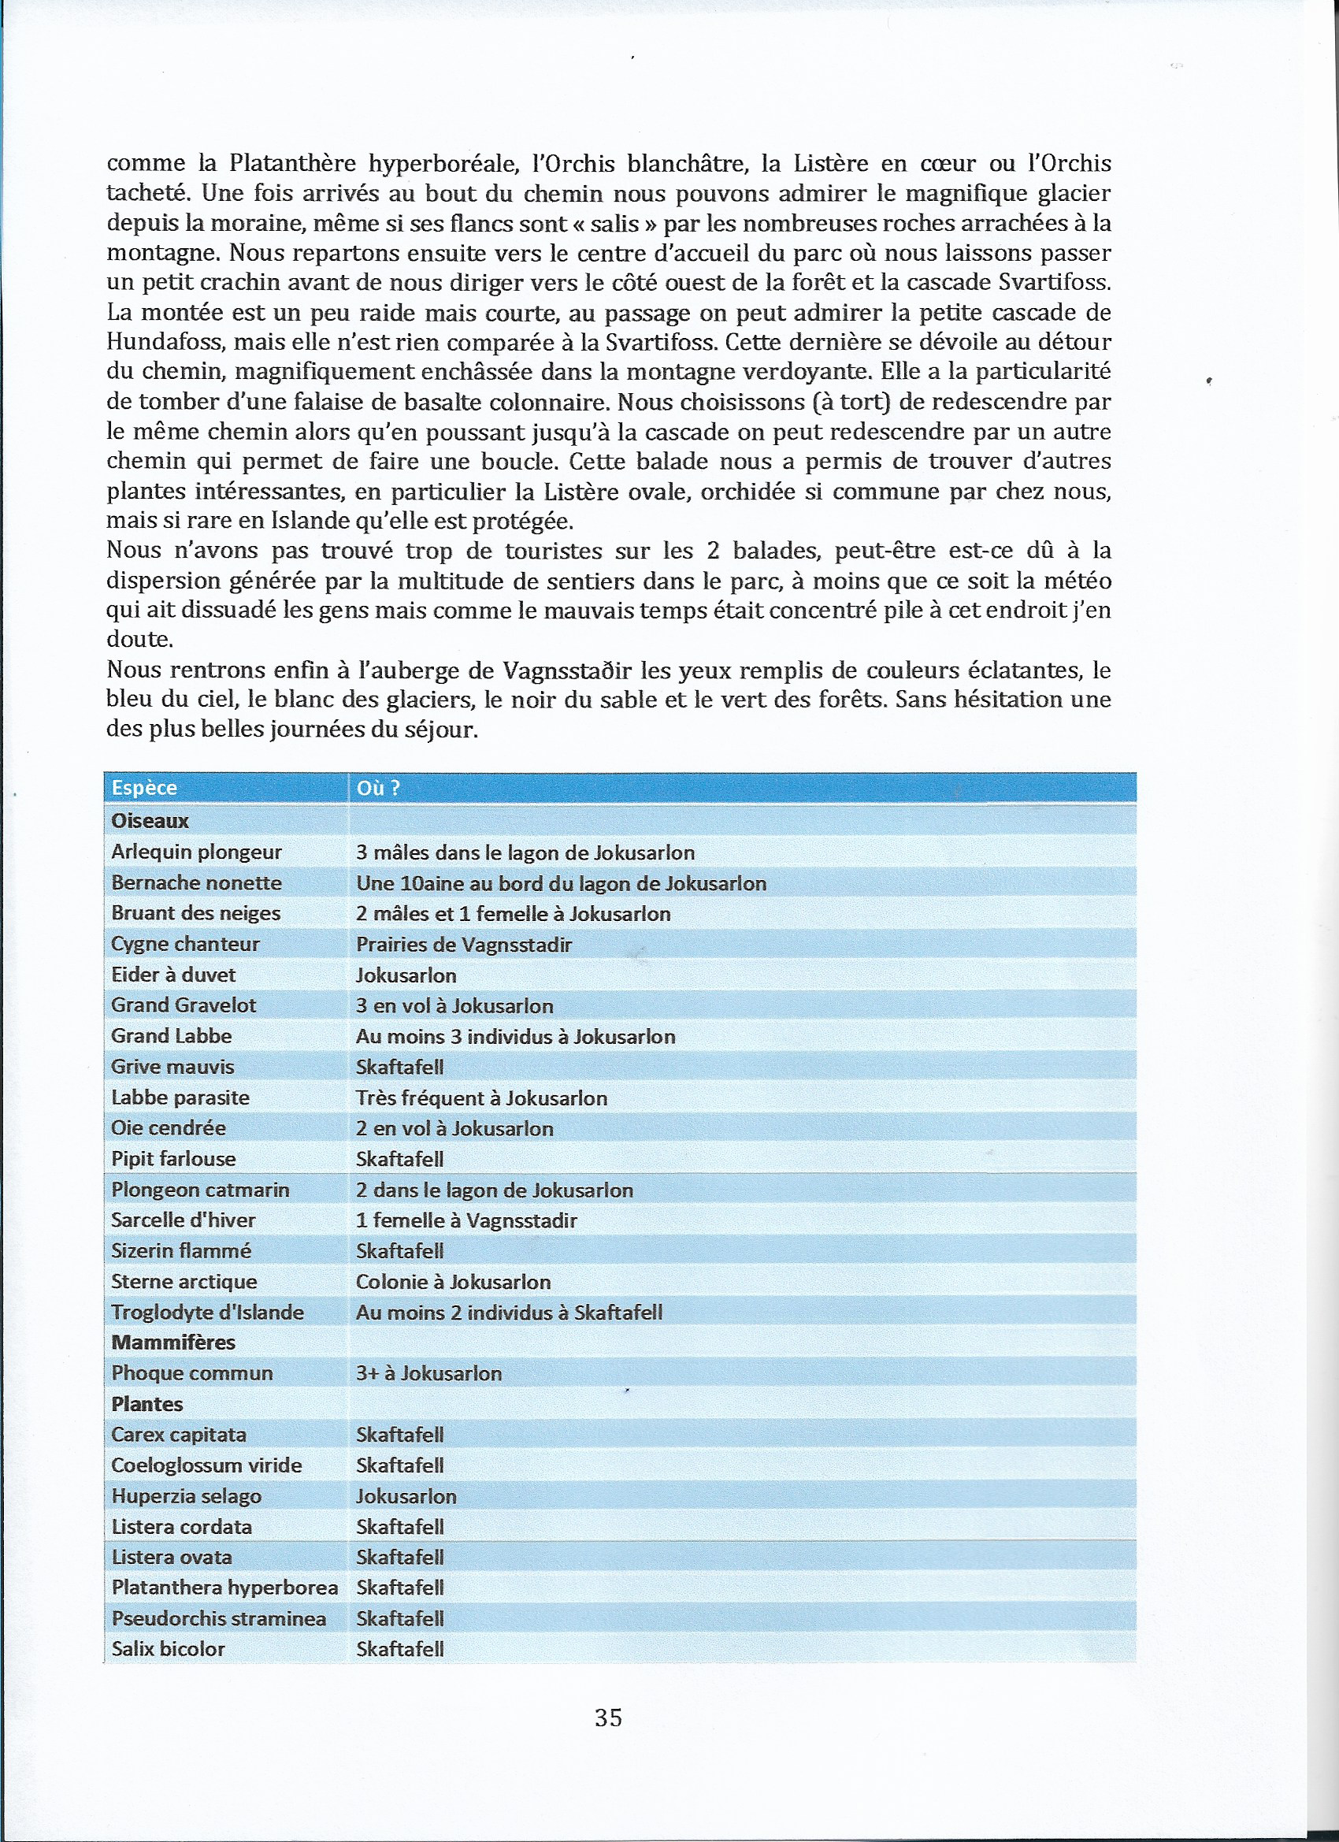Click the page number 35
coord(608,1718)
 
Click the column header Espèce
coord(145,788)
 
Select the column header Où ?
coord(378,788)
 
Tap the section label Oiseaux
coord(150,820)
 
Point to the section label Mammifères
coord(173,1343)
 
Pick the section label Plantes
coord(147,1404)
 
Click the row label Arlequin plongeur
coord(196,852)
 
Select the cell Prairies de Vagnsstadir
coord(464,945)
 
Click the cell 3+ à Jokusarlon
coord(428,1373)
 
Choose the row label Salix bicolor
coord(168,1650)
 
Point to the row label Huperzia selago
coord(187,1496)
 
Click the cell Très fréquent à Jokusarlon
coord(481,1098)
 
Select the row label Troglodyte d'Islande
coord(208,1313)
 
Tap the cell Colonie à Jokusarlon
coord(453,1282)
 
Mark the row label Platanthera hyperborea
coord(225,1588)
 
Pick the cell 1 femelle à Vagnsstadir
coord(466,1220)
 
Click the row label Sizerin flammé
coord(182,1251)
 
